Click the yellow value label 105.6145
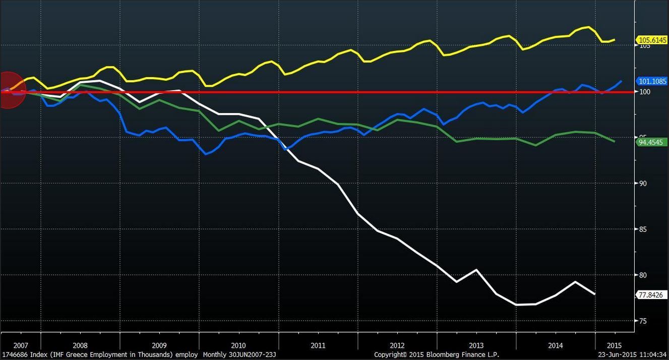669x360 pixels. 652,40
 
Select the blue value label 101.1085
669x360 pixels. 652,81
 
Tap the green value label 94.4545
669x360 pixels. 650,142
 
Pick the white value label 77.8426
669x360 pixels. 650,295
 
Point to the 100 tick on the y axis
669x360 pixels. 645,92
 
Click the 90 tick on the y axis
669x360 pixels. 643,184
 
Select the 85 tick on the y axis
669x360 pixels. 643,229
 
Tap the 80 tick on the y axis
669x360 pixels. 643,275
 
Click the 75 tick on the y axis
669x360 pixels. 643,321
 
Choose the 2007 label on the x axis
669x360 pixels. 21,346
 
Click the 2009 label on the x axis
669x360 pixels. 159,346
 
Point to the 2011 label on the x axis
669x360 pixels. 318,346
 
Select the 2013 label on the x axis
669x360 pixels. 476,346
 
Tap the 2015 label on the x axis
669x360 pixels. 614,346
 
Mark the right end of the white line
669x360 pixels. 595,294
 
